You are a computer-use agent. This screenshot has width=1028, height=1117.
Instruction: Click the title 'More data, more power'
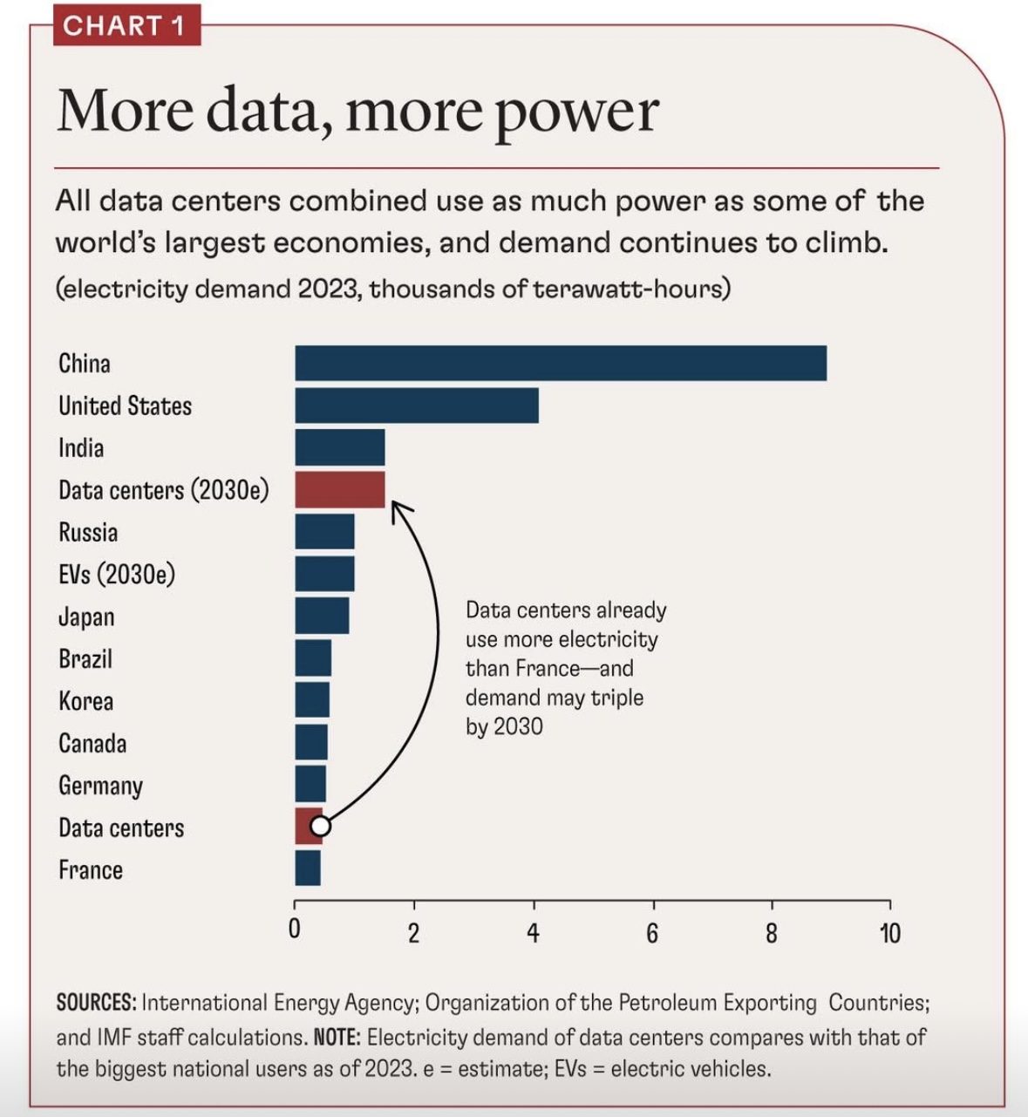pos(357,112)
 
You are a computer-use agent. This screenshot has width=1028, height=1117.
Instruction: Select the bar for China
pos(561,363)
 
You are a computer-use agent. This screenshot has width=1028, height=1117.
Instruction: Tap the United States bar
pos(417,405)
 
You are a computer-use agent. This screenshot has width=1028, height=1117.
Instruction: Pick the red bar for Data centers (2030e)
pos(340,490)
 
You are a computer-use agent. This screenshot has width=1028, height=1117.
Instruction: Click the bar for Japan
pos(322,616)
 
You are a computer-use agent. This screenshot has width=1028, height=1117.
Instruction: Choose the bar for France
pos(308,868)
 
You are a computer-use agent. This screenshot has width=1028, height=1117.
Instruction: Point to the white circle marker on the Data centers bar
pos(320,825)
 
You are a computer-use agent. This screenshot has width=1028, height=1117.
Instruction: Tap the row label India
pos(81,448)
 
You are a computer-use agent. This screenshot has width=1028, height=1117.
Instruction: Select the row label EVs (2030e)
pos(117,575)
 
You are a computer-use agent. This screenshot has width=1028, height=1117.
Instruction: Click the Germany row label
pos(100,786)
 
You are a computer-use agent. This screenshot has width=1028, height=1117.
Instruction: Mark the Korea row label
pos(85,701)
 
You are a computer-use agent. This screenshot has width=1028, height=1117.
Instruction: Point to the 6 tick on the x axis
pos(652,933)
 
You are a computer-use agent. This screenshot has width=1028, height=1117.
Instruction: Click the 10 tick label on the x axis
pos(889,933)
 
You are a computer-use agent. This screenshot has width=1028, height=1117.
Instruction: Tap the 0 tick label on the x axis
pos(295,930)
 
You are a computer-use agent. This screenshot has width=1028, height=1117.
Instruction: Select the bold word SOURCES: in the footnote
pos(96,1003)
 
